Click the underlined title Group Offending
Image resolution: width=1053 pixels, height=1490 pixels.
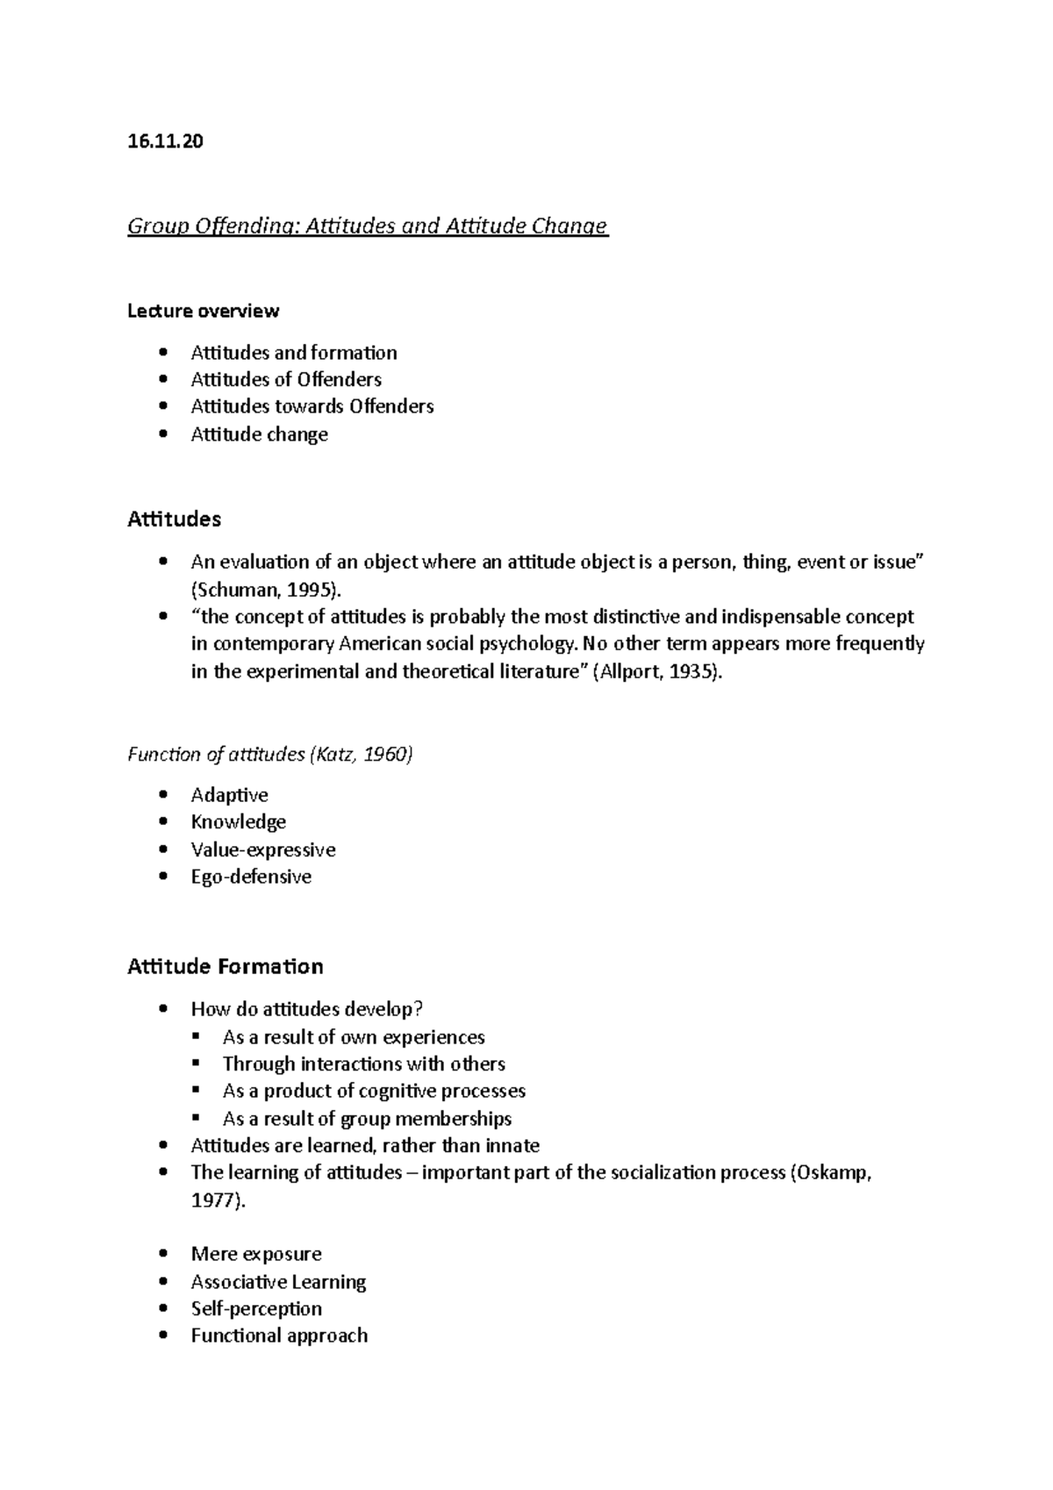pyautogui.click(x=368, y=226)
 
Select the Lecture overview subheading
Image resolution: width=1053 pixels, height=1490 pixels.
pyautogui.click(x=204, y=311)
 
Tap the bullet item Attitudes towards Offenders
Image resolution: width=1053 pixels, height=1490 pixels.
pyautogui.click(x=312, y=406)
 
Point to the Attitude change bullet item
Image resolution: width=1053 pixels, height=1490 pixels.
pyautogui.click(x=260, y=434)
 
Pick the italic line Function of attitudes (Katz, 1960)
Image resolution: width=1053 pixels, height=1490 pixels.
pyautogui.click(x=270, y=754)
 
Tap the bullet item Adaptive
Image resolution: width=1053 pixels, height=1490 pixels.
pyautogui.click(x=230, y=795)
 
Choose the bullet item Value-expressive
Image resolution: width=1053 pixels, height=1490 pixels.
pyautogui.click(x=263, y=849)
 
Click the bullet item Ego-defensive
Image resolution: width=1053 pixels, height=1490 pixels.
pyautogui.click(x=251, y=877)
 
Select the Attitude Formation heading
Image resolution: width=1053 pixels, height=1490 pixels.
pyautogui.click(x=226, y=966)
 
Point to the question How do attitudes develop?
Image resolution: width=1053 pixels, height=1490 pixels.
pyautogui.click(x=313, y=1009)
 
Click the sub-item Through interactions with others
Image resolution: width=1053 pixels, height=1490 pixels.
pyautogui.click(x=364, y=1064)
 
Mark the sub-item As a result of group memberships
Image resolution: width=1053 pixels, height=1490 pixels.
pyautogui.click(x=367, y=1118)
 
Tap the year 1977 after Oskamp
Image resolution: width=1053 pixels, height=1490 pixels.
pyautogui.click(x=215, y=1200)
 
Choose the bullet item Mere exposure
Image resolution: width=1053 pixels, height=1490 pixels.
pyautogui.click(x=256, y=1254)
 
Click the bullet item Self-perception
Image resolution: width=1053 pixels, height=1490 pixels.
pyautogui.click(x=256, y=1308)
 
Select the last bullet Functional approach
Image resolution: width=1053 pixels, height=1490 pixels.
pyautogui.click(x=279, y=1336)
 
